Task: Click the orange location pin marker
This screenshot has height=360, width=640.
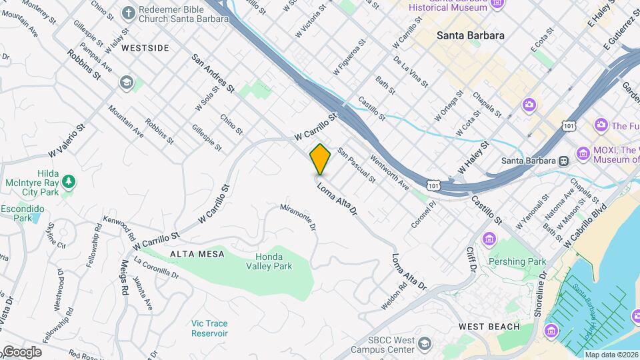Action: [320, 159]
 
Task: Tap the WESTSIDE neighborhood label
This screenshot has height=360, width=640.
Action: [146, 48]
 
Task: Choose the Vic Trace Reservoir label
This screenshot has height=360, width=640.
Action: [209, 328]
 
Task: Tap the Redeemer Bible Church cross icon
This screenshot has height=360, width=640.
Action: [129, 13]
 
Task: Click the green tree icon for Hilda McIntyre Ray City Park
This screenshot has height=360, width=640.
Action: [68, 181]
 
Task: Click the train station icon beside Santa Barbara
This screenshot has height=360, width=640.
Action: [564, 161]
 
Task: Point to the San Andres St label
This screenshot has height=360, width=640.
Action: [213, 73]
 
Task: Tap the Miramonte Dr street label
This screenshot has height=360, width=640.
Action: [298, 218]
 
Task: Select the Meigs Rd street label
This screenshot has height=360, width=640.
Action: [124, 277]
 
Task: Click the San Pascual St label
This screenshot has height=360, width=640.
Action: [356, 165]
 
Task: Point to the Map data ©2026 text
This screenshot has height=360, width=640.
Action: [611, 355]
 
